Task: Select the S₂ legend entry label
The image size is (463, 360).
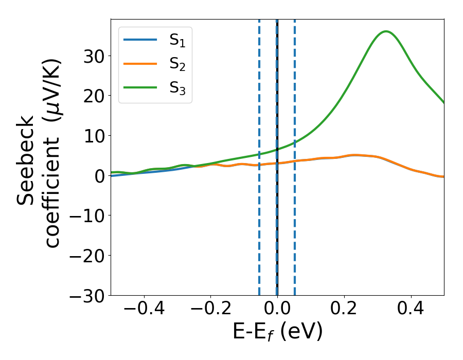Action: coord(177,65)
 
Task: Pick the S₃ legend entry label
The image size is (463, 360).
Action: coord(177,88)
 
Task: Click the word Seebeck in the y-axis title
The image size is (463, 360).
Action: coord(26,159)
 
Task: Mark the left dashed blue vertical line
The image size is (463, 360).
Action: coord(259,231)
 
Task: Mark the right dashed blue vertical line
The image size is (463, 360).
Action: coord(295,231)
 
